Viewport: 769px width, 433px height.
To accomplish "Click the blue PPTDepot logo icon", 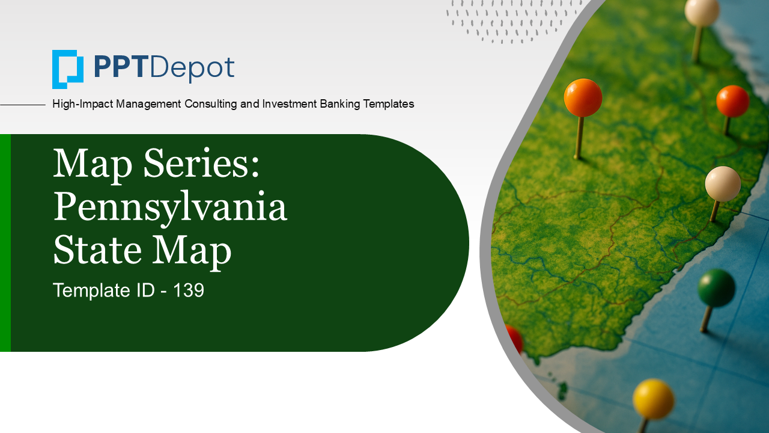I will click(x=67, y=69).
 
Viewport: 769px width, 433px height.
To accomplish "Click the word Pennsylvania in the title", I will click(x=170, y=208).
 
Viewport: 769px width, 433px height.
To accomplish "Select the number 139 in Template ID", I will click(x=189, y=290).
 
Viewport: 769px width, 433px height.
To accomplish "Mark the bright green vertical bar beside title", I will click(x=5, y=242).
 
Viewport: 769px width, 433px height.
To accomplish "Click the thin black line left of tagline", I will click(x=23, y=105).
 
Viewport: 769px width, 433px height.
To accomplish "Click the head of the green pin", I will click(x=716, y=287).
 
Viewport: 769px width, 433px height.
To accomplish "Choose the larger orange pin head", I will click(x=583, y=97).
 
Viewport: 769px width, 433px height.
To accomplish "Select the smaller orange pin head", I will click(x=732, y=101).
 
